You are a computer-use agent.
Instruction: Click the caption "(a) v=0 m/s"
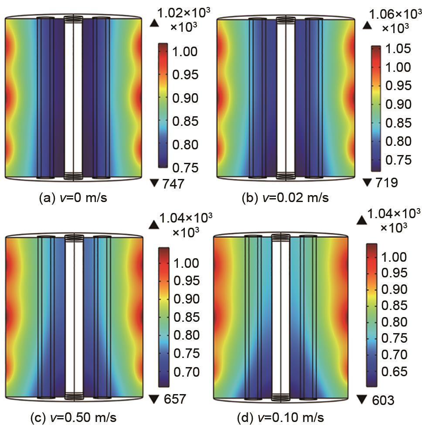tap(73, 198)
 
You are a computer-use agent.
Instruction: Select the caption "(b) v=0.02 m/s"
tap(285, 198)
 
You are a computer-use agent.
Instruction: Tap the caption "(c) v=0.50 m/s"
tap(73, 418)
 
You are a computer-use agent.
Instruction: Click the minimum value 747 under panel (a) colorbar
tap(173, 185)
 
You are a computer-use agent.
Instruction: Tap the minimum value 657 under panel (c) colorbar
tap(174, 399)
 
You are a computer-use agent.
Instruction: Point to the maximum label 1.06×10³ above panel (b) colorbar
tap(395, 14)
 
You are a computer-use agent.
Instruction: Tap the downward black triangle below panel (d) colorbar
tap(361, 399)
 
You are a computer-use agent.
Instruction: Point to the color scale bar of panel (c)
tap(164, 317)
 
